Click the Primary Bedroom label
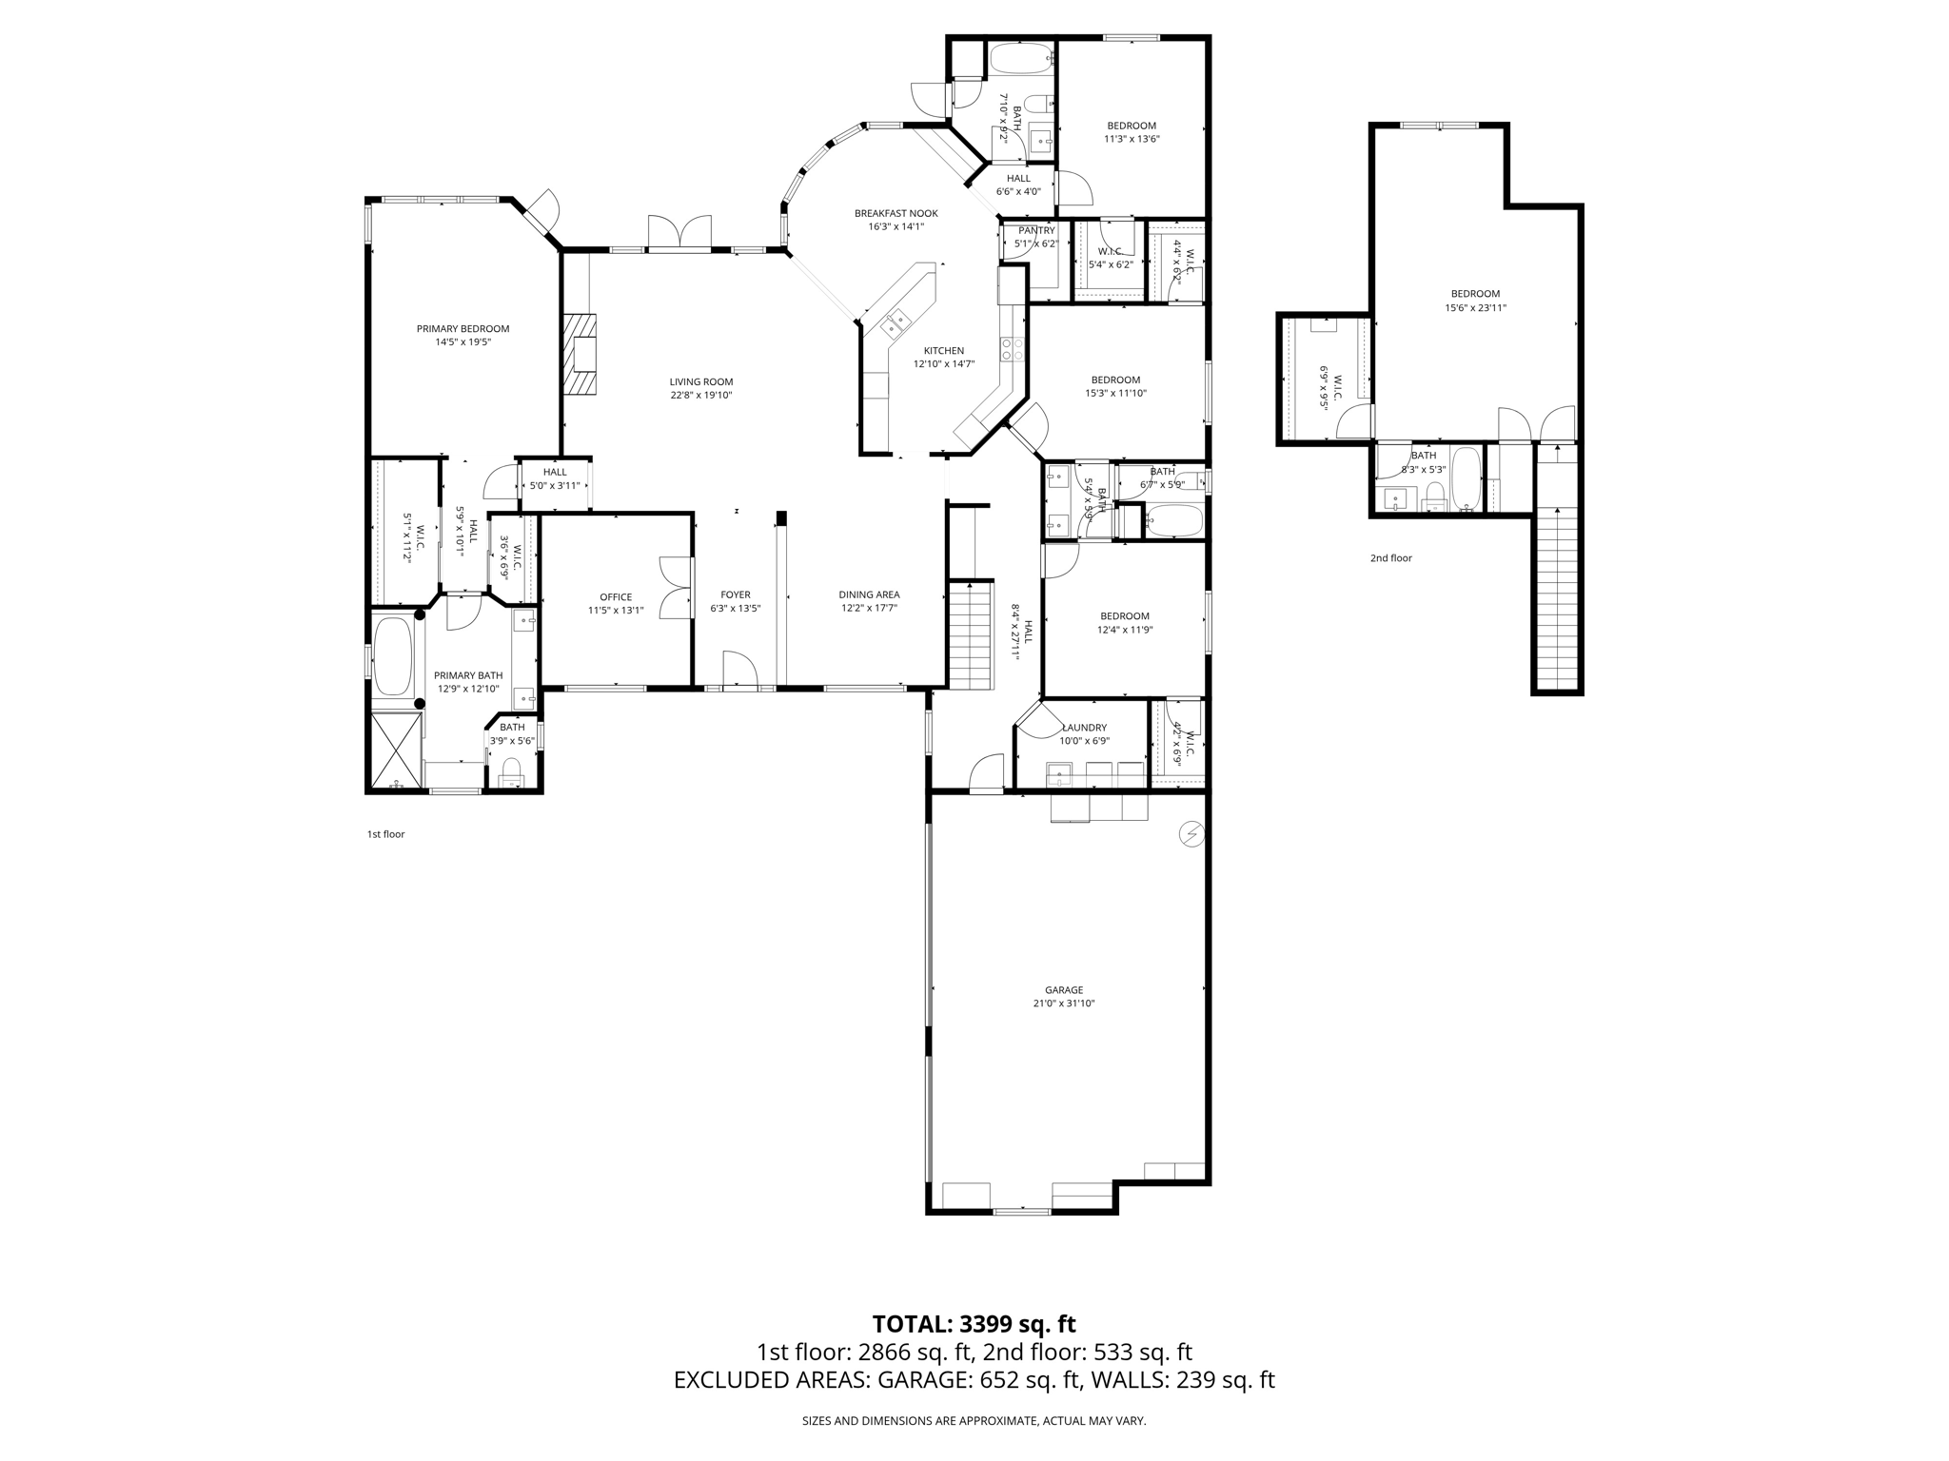[x=463, y=329]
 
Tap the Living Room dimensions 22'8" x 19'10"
[x=700, y=395]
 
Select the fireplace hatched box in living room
[x=579, y=354]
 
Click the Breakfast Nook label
[x=896, y=213]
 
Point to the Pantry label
[x=1036, y=230]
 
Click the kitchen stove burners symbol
[x=1012, y=349]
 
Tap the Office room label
[x=616, y=597]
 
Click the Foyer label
[x=735, y=594]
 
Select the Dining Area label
[x=869, y=594]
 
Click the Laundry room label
[x=1084, y=728]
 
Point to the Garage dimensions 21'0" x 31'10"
[x=1063, y=1003]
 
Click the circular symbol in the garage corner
[x=1191, y=834]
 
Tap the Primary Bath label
[x=468, y=675]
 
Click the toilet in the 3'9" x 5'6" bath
[x=512, y=769]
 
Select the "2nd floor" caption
[x=1390, y=558]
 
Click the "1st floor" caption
[x=385, y=834]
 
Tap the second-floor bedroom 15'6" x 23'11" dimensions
[x=1475, y=308]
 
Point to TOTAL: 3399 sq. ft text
[x=974, y=1324]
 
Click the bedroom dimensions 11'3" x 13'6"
[x=1132, y=139]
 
